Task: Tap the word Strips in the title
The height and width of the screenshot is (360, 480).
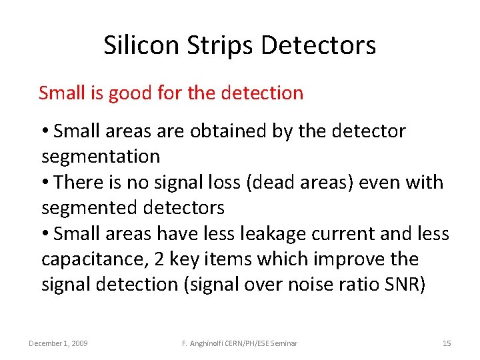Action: click(x=214, y=45)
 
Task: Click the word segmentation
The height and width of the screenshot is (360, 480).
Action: click(x=101, y=157)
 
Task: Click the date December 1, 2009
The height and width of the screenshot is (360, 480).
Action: click(x=58, y=343)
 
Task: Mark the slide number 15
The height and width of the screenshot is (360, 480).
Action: click(x=447, y=343)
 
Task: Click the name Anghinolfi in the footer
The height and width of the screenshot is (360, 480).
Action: click(x=212, y=343)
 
